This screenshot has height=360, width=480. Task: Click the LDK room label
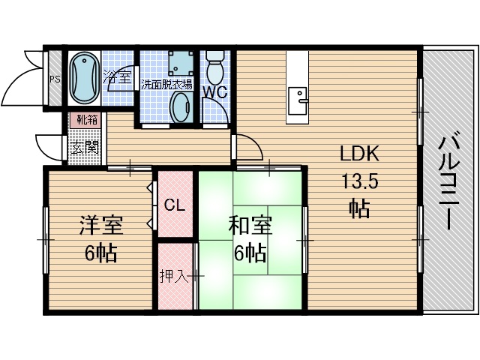[x=360, y=154]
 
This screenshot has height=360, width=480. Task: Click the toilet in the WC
[x=215, y=68]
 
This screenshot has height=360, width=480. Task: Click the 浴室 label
[x=115, y=76]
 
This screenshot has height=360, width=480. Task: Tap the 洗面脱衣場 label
[x=166, y=84]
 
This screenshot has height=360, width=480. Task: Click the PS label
[x=55, y=79]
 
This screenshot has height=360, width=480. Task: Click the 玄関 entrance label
[x=85, y=146]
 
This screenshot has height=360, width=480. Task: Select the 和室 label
[x=250, y=226]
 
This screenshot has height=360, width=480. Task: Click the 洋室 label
[x=101, y=226]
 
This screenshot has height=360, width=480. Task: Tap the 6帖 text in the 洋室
[x=100, y=253]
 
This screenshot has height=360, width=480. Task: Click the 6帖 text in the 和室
[x=250, y=253]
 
